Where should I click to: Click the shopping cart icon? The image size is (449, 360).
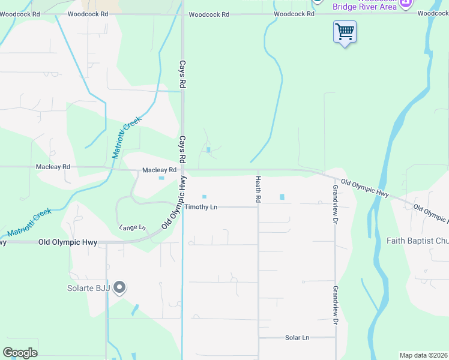[345, 31]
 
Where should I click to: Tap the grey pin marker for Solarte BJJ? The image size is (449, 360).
[119, 288]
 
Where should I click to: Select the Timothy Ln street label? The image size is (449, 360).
[200, 207]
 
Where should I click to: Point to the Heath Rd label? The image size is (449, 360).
[258, 188]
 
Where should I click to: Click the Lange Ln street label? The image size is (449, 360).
[132, 227]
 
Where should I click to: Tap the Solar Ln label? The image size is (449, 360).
[297, 338]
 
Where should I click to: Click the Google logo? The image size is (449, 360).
[20, 353]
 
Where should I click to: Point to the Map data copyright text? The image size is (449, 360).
[423, 355]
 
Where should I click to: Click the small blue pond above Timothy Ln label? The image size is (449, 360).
[204, 196]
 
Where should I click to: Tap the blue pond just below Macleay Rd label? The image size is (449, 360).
[161, 178]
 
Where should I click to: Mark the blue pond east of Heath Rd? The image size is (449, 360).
[282, 196]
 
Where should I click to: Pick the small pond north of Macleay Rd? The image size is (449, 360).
[208, 150]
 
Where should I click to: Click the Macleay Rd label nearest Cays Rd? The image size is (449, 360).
[159, 170]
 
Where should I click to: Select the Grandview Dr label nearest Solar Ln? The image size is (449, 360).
[335, 302]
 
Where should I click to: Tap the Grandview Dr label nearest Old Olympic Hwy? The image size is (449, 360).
[335, 204]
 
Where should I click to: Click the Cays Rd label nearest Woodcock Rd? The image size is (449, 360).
[182, 73]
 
